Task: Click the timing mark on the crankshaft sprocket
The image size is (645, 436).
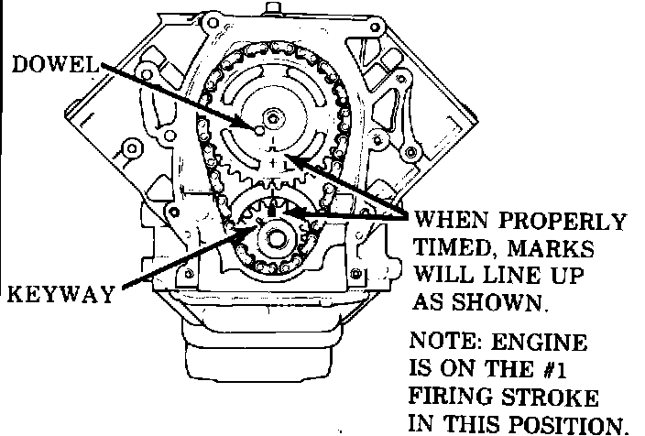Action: pos(273,211)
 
